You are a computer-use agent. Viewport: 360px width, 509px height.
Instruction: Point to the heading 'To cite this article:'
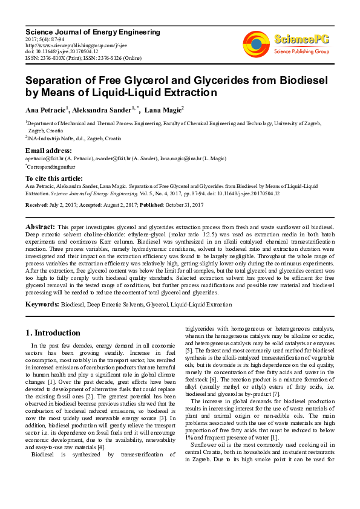click(x=54, y=178)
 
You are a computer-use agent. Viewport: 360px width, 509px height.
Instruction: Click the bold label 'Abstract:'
click(x=40, y=225)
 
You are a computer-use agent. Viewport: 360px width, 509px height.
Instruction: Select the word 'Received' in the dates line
click(x=37, y=206)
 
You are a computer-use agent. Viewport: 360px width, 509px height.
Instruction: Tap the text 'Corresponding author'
click(x=51, y=166)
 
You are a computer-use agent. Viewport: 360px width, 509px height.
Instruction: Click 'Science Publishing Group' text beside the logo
click(x=301, y=52)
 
